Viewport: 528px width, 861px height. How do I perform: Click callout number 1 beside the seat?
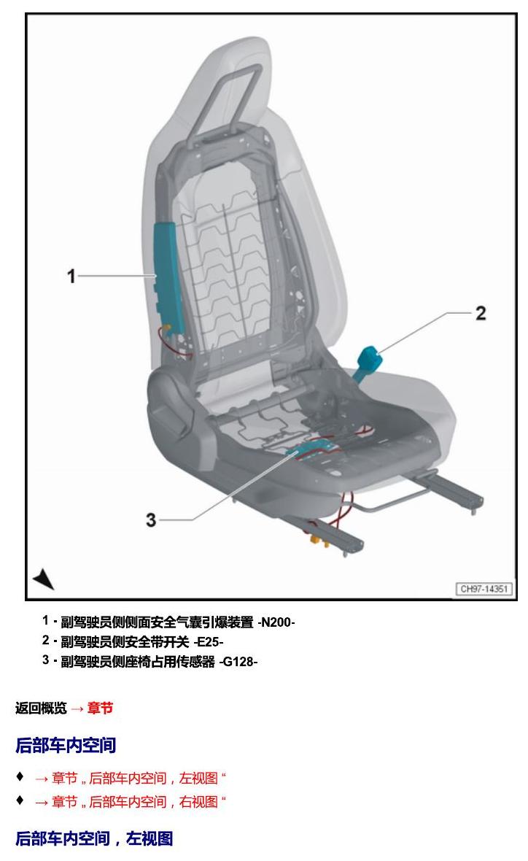71,276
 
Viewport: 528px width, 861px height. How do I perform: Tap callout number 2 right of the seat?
481,313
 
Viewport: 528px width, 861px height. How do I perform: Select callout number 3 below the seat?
151,520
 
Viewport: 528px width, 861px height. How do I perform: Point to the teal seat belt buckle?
369,359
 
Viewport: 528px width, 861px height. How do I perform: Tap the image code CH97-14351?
484,589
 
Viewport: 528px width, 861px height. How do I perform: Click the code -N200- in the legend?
276,622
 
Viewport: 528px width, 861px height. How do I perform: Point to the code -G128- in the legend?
238,662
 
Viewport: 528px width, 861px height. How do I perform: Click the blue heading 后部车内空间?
66,745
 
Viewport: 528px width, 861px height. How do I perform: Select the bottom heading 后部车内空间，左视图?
94,838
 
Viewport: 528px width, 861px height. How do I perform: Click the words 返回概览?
41,709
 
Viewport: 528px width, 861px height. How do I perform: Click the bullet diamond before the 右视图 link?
20,800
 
